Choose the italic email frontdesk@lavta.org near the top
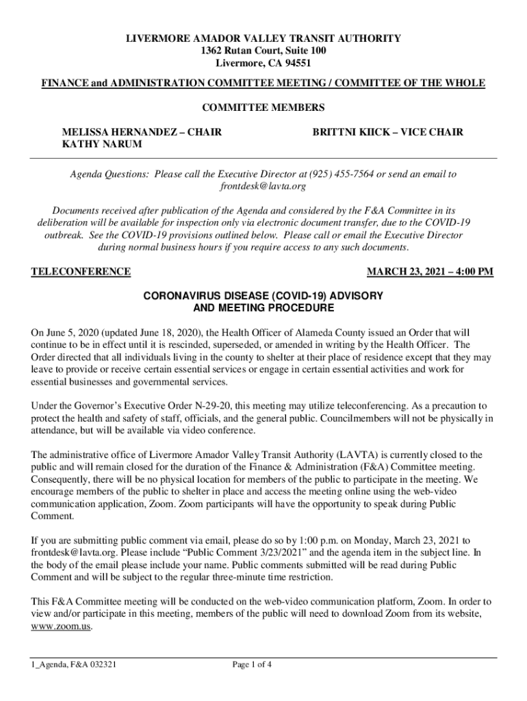263,186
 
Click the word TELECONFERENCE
81,272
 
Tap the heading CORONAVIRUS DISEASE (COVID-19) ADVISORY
263,296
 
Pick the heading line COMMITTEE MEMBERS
263,107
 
